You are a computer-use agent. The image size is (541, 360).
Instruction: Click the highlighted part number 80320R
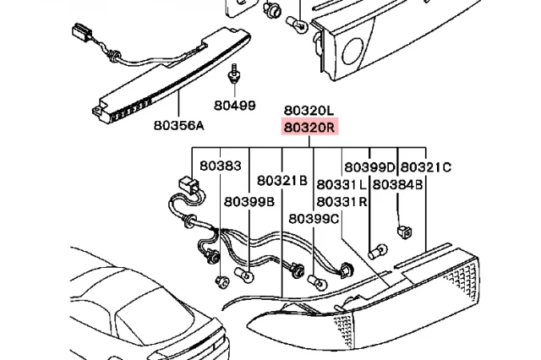(310, 128)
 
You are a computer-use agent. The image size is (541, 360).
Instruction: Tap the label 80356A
(179, 126)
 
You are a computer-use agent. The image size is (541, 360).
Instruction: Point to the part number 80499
(234, 106)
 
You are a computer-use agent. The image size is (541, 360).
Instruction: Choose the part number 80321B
(281, 181)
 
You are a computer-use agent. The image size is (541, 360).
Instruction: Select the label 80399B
(249, 202)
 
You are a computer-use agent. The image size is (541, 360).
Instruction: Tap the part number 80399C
(314, 218)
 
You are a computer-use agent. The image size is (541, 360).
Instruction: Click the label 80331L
(342, 184)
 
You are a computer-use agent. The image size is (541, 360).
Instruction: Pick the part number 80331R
(342, 202)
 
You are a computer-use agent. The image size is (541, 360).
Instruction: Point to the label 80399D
(369, 167)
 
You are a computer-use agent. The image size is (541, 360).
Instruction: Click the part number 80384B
(398, 184)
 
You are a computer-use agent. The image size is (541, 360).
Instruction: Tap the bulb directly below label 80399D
(380, 251)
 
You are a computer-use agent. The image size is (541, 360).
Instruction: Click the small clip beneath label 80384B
(403, 228)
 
